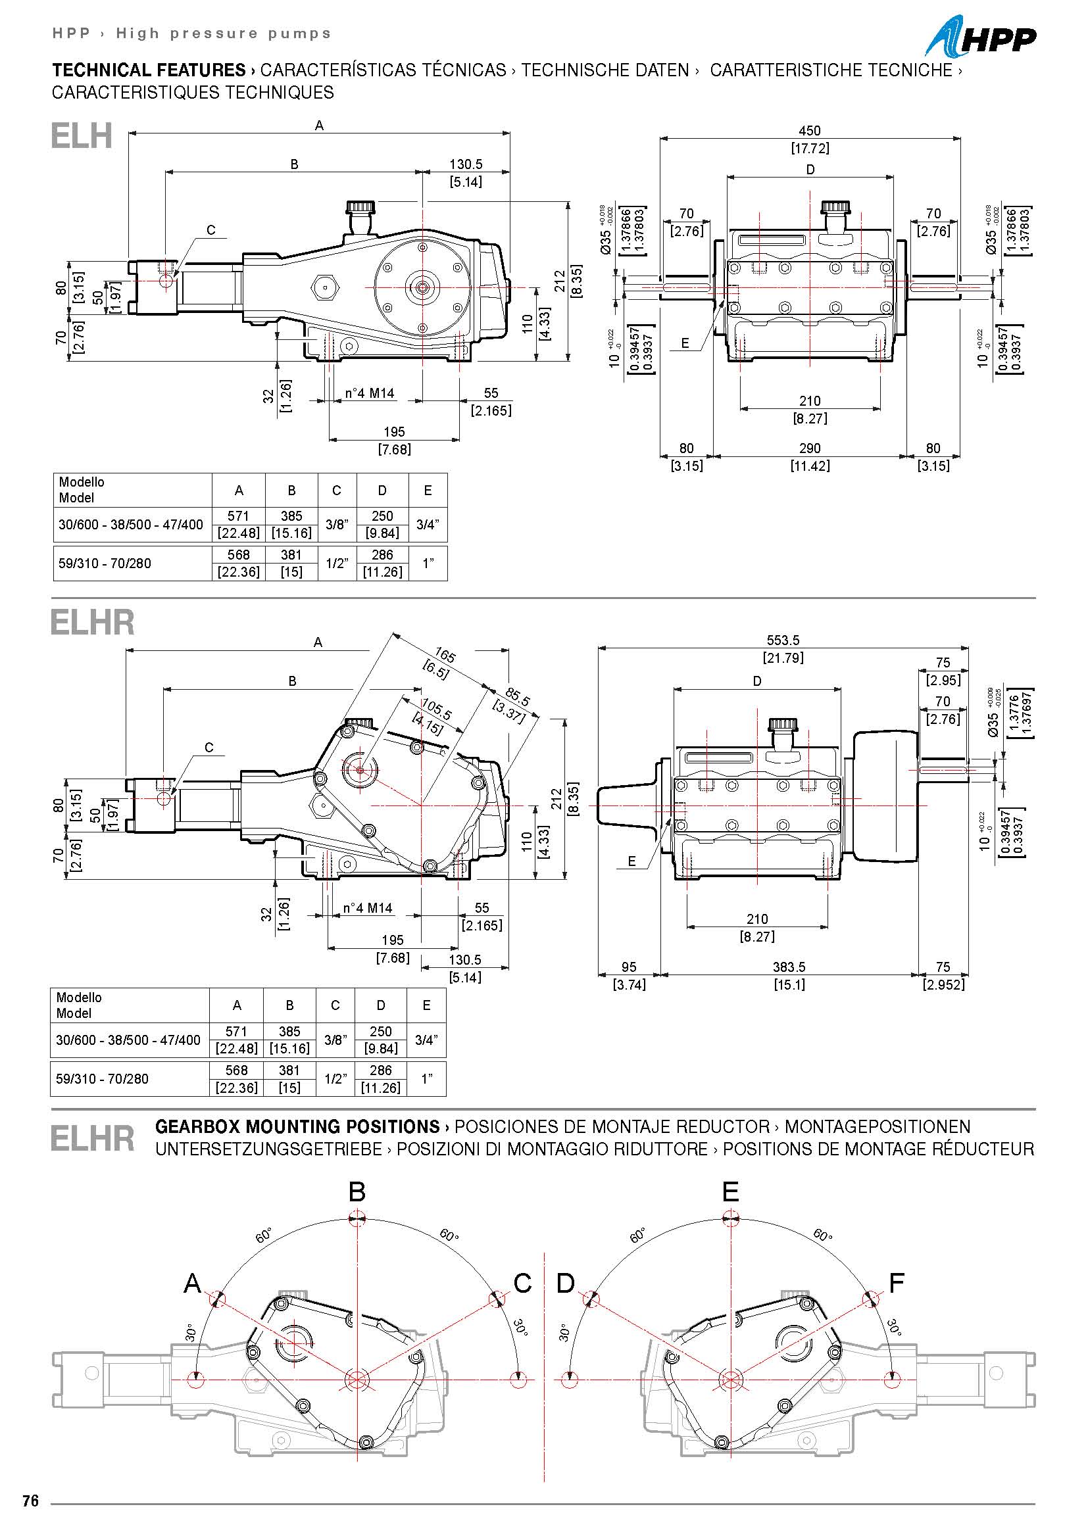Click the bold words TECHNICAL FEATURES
(x=149, y=70)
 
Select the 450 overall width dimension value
(x=809, y=131)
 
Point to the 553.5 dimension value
(x=783, y=640)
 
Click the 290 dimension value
(x=809, y=448)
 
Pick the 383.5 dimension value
(x=789, y=967)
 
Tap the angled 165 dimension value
(x=445, y=655)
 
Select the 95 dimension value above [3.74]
(x=628, y=967)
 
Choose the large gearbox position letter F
(x=897, y=1283)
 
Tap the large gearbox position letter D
(x=566, y=1283)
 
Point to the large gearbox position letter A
(x=192, y=1283)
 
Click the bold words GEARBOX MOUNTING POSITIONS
(x=297, y=1127)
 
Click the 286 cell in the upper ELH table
(x=382, y=555)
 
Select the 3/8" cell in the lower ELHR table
(x=335, y=1040)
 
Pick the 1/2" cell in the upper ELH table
(x=336, y=564)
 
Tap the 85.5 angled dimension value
(x=518, y=696)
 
